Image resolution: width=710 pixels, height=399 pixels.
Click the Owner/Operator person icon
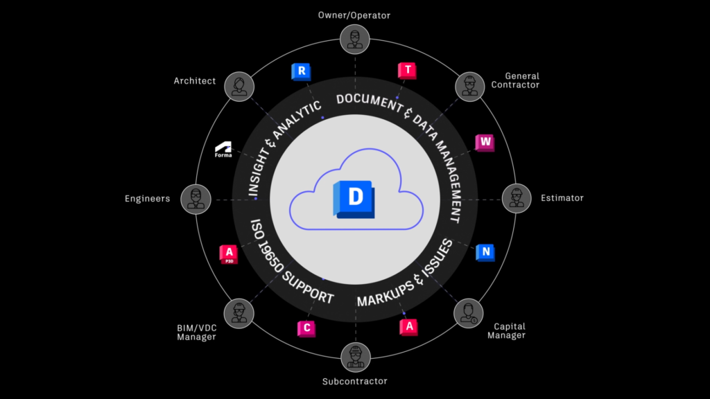tap(355, 38)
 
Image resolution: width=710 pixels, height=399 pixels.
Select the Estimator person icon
tap(516, 199)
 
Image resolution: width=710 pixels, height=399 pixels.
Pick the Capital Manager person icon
tap(469, 312)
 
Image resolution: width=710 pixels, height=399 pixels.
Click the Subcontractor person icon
tap(355, 358)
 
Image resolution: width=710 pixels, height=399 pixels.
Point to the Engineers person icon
tap(195, 199)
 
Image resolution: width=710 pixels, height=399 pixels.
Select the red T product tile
tap(407, 71)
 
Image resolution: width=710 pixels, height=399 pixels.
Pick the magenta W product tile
tap(485, 143)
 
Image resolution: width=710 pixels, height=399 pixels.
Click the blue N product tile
tap(485, 252)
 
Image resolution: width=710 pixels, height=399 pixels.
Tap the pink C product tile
tap(306, 328)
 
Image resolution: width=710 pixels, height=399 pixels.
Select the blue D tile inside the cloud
tap(354, 198)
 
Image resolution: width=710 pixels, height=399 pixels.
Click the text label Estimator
tap(562, 199)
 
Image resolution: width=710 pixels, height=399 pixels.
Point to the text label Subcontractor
tap(355, 381)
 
